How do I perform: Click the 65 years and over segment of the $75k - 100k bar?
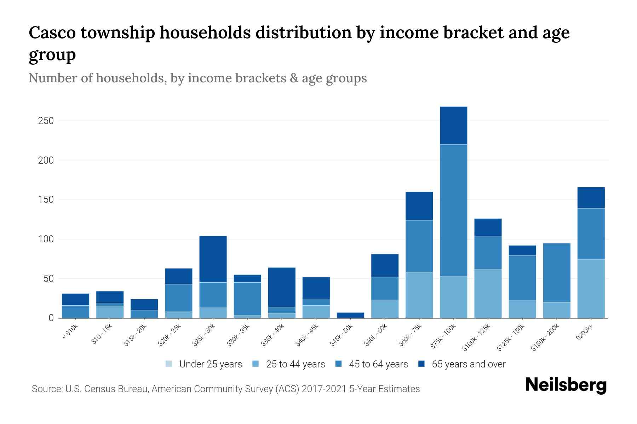(x=453, y=125)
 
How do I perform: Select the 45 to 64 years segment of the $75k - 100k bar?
(x=453, y=210)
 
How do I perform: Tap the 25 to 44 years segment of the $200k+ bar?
(x=591, y=289)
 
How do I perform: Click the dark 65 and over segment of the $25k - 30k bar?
(x=213, y=259)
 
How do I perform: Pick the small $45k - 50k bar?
(x=350, y=315)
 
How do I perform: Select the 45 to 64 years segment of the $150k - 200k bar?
(x=556, y=272)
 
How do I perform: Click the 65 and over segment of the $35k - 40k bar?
(x=282, y=287)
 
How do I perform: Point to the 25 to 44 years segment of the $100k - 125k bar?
(x=488, y=293)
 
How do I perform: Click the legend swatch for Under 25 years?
(x=169, y=364)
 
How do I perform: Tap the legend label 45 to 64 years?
(x=378, y=364)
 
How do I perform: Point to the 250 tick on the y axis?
(x=46, y=121)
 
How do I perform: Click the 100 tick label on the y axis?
(x=46, y=239)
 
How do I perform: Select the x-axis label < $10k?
(x=70, y=332)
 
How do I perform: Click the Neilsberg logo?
(x=566, y=385)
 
